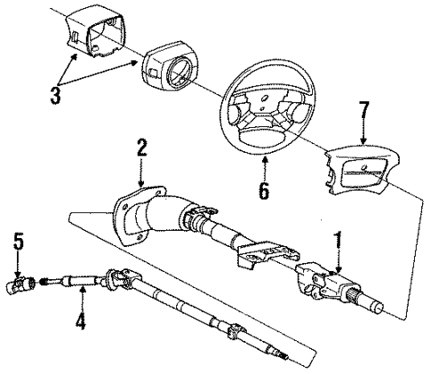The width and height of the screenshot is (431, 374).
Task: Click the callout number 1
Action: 337,241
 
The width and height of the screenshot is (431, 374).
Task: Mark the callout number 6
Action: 264,189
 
